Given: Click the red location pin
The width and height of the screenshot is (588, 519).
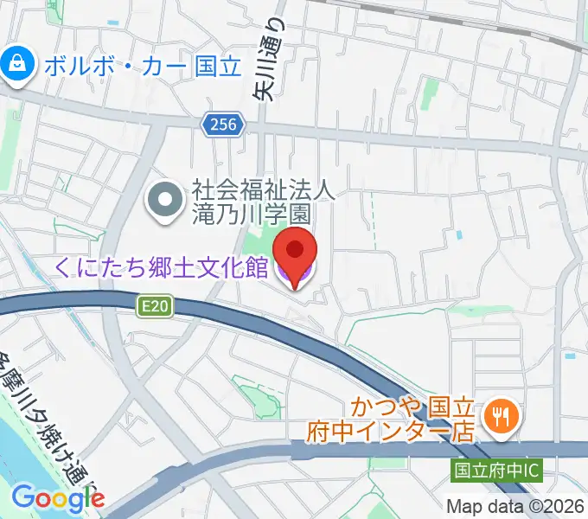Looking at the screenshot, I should point(294,251).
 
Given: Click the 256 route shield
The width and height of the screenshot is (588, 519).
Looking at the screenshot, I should point(222,126).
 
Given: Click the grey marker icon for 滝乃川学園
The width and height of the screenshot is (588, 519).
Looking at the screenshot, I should point(163,202).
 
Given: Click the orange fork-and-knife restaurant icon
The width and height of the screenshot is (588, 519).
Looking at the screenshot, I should point(499,416).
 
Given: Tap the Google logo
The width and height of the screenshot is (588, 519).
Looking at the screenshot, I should point(57,498).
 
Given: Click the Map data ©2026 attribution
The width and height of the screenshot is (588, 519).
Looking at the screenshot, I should point(514,506).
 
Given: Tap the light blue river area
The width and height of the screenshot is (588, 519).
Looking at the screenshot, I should point(22,450).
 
